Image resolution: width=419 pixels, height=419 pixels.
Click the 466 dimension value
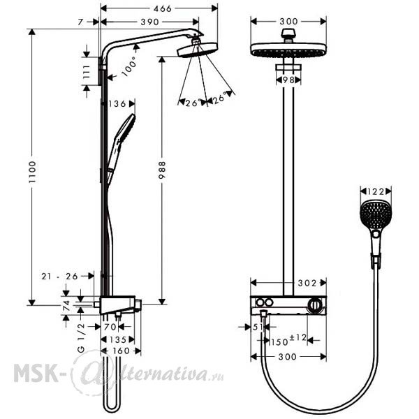162,9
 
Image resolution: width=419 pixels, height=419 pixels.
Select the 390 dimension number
149,22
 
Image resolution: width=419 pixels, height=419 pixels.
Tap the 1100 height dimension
32,172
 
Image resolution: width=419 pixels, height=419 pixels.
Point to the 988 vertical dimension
162,170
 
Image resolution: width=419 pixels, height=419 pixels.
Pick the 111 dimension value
87,72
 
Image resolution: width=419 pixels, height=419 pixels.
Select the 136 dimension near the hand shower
117,104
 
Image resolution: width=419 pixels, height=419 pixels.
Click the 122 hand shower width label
376,191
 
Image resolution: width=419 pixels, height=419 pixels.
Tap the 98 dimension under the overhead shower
288,80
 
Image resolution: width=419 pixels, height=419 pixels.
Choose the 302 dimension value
307,283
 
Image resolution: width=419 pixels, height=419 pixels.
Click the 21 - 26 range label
59,277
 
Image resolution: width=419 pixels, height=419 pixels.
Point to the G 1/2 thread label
81,338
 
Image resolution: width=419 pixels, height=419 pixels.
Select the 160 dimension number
121,351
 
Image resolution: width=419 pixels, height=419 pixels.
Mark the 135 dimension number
118,339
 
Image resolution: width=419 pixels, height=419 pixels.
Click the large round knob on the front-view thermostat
316,305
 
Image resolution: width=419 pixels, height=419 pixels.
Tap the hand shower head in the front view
375,214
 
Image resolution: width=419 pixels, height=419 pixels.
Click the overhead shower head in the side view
198,50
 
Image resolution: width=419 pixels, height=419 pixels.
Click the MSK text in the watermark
36,373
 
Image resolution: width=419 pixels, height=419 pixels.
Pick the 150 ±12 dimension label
288,340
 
